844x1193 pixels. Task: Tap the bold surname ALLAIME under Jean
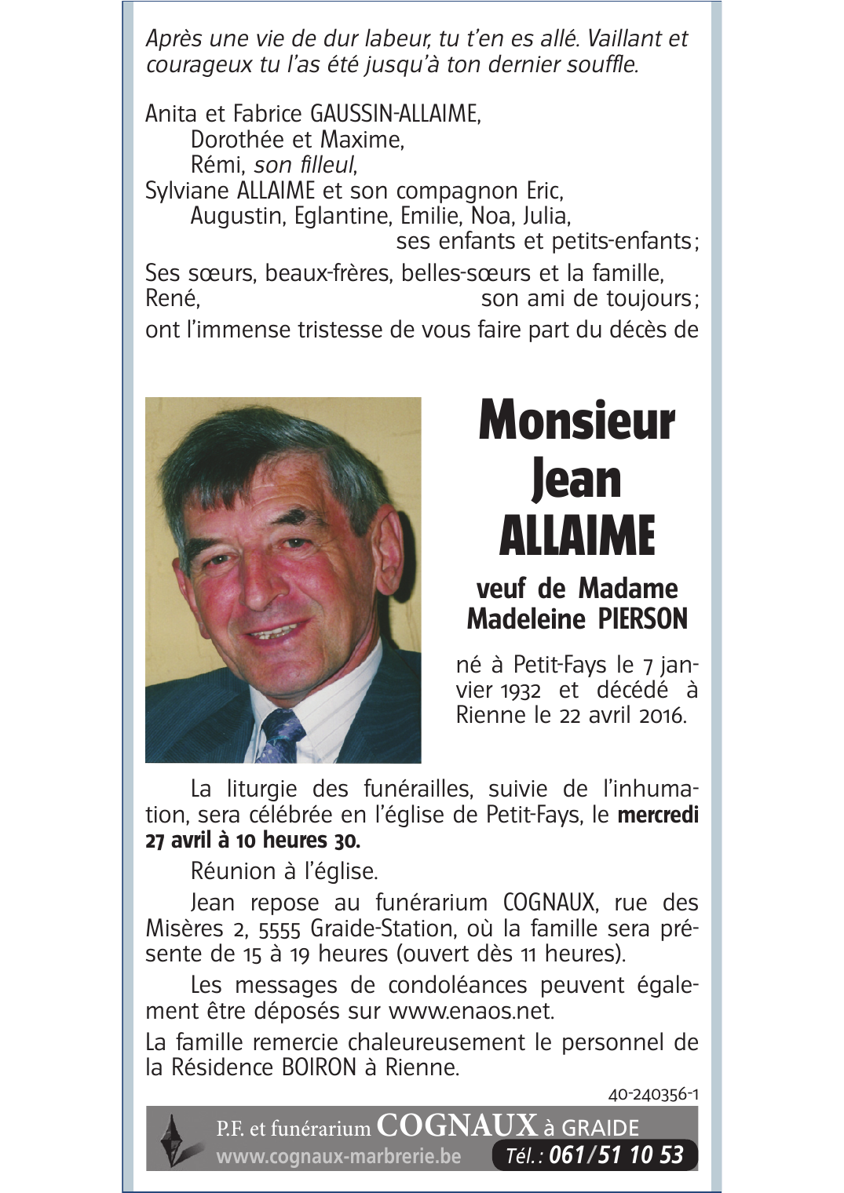tap(576, 537)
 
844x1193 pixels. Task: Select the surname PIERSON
tap(642, 619)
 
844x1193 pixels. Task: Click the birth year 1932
tap(521, 691)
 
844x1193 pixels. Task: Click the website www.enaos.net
tap(470, 1011)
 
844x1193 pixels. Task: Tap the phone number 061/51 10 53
tap(616, 1155)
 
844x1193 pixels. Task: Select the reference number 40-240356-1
tap(652, 1094)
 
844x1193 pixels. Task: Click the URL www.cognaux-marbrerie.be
tap(338, 1156)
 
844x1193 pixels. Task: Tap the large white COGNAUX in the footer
tap(457, 1126)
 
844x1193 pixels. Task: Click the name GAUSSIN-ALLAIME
tap(395, 114)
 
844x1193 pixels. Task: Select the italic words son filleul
tap(304, 165)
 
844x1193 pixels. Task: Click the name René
tap(172, 298)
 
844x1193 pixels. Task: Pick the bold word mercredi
tap(658, 815)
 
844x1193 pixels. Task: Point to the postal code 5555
tap(280, 929)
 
